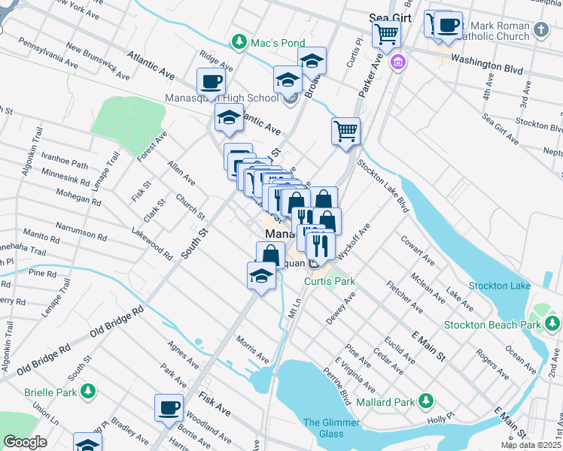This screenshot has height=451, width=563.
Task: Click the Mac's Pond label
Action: pyautogui.click(x=278, y=42)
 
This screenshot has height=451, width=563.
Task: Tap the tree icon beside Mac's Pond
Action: pyautogui.click(x=240, y=41)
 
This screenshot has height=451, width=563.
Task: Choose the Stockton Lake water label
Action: pyautogui.click(x=500, y=286)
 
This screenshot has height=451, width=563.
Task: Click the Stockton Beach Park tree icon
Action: pyautogui.click(x=553, y=323)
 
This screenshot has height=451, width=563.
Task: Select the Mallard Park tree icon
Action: pyautogui.click(x=427, y=400)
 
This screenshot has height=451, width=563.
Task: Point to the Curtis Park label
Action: pyautogui.click(x=329, y=281)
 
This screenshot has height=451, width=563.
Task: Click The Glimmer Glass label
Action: pyautogui.click(x=323, y=428)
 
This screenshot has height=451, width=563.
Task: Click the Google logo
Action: pyautogui.click(x=25, y=442)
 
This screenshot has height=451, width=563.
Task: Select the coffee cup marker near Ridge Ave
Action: pyautogui.click(x=211, y=80)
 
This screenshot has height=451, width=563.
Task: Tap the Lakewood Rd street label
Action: pyautogui.click(x=151, y=244)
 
